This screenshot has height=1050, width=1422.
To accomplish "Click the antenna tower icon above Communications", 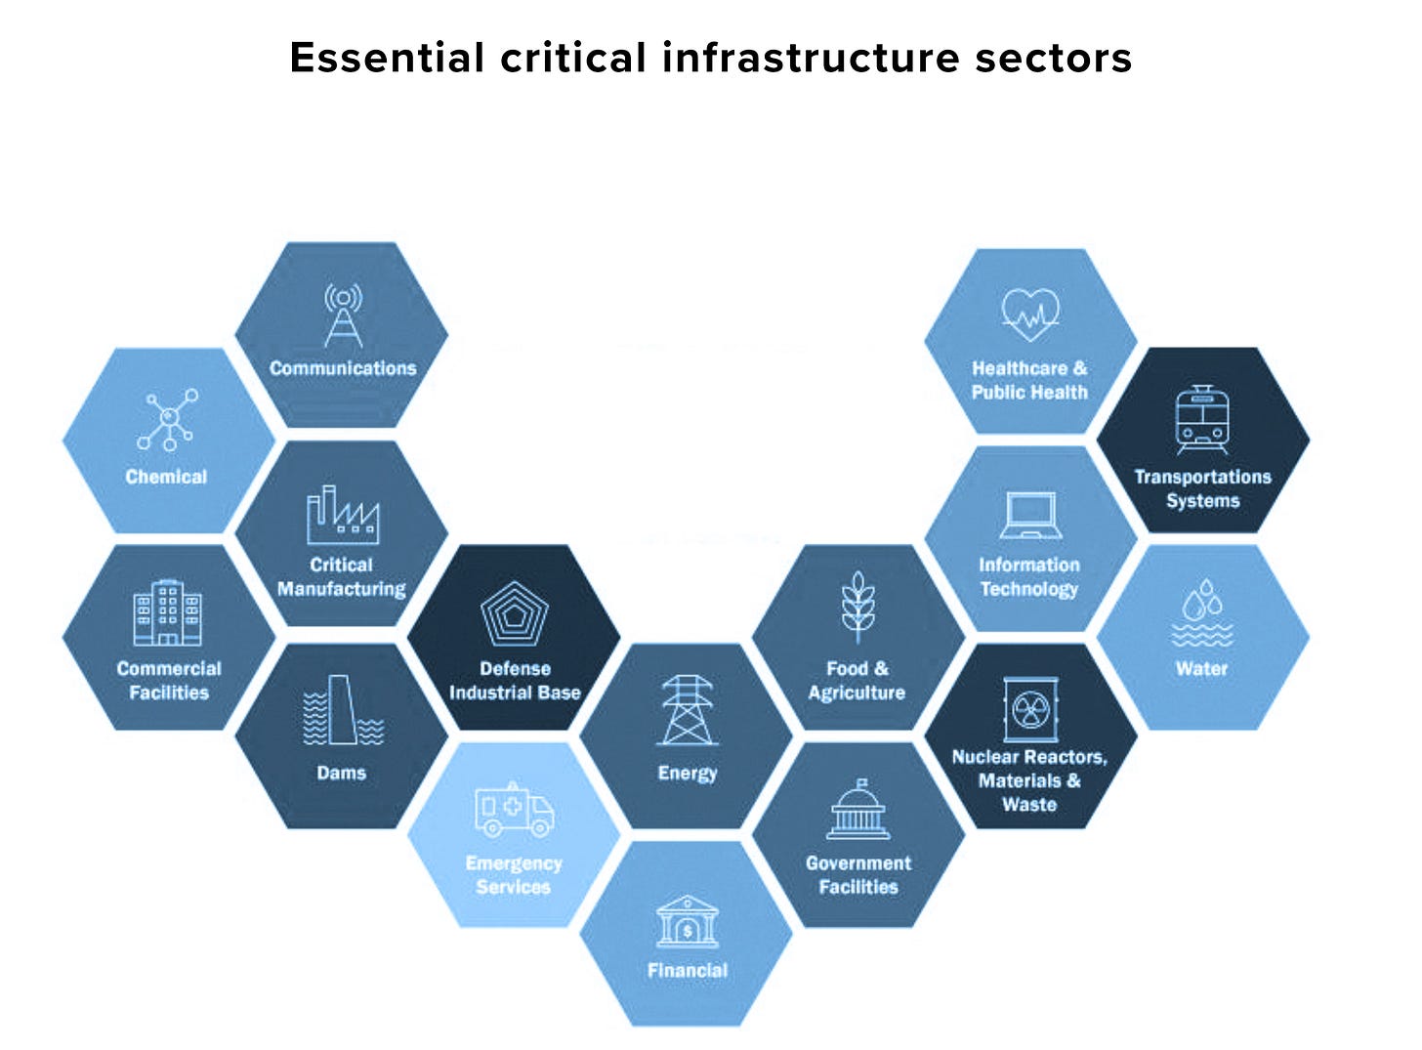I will pos(343,315).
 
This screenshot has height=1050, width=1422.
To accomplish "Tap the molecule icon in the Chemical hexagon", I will pos(168,420).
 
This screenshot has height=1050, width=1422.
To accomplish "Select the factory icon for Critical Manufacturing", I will pos(342,515).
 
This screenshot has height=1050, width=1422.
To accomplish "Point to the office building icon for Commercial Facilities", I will pos(168,613).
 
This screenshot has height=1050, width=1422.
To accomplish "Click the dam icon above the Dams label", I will pos(342,710).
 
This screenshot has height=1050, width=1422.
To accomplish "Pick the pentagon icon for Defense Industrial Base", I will pos(515,613).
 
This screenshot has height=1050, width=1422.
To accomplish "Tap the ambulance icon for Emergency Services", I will pos(514,810).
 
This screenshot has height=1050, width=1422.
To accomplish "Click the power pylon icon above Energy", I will pos(688,710).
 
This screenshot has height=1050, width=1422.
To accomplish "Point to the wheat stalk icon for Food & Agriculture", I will pos(857,607).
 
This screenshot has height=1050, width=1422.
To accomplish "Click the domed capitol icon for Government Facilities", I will pos(858,811).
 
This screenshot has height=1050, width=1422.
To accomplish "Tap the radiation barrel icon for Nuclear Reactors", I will pos(1029,710).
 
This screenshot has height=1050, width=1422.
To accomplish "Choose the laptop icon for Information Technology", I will pos(1030,515).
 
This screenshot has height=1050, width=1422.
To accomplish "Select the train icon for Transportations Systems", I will pos(1202,420).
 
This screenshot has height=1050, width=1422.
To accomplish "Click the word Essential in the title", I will pos(387,58).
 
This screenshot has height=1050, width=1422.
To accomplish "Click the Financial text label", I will pos(688,970).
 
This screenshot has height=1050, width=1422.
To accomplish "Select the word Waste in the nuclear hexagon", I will pos(1029,805).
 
